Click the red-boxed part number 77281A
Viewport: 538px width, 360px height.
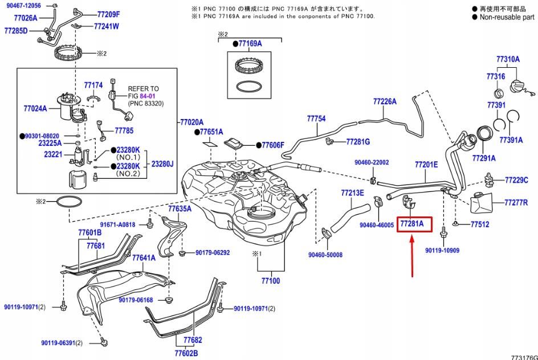pos(411,224)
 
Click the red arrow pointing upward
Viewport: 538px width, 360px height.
pos(411,256)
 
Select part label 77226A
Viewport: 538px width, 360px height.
pos(385,101)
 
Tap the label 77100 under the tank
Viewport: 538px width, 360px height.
pos(271,281)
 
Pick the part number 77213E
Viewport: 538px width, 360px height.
pos(352,193)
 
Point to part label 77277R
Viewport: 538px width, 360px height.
pos(516,202)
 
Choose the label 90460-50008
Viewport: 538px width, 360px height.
pos(325,255)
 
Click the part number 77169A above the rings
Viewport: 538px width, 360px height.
pos(250,43)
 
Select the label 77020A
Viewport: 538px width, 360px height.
pos(191,122)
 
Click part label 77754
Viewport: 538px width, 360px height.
pos(316,118)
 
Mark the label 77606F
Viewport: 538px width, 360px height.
pos(272,145)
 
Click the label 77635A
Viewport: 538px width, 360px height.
pos(180,209)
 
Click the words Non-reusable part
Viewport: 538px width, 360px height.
pos(507,17)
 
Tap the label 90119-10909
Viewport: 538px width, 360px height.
pos(442,250)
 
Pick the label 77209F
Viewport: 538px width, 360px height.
pos(108,14)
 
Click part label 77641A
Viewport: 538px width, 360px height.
pos(144,257)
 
